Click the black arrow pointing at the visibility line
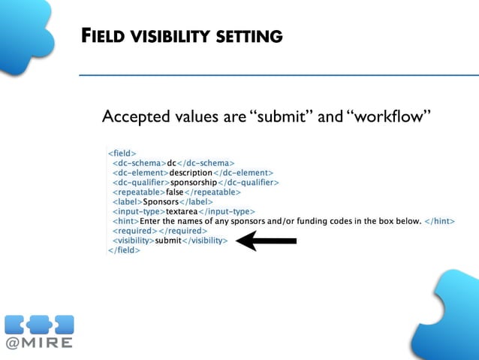(267, 241)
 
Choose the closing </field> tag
(124, 250)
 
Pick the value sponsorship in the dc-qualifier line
(194, 182)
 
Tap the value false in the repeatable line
(175, 192)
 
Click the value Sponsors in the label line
(161, 201)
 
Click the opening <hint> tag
(125, 221)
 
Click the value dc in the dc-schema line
(171, 162)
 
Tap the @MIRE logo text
(39, 343)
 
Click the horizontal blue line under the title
(279, 75)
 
